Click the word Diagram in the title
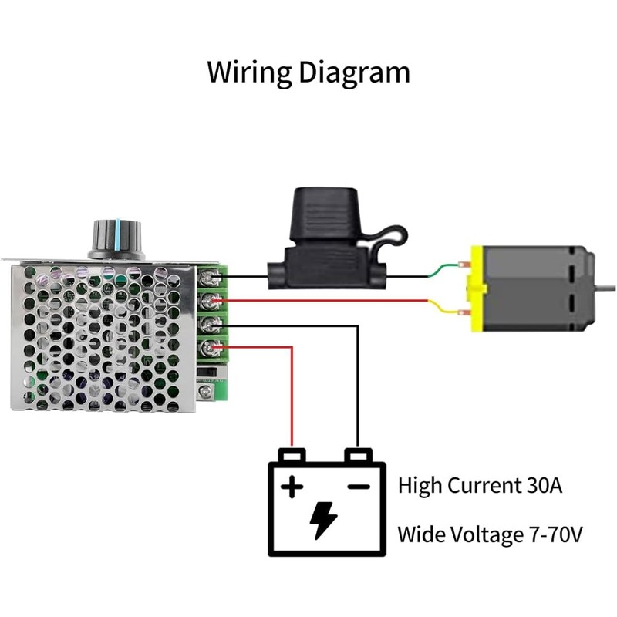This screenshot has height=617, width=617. [x=355, y=73]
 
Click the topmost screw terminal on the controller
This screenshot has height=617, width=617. [x=207, y=275]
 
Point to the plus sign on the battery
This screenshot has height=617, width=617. [x=291, y=487]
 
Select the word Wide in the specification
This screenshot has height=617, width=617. [x=420, y=534]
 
